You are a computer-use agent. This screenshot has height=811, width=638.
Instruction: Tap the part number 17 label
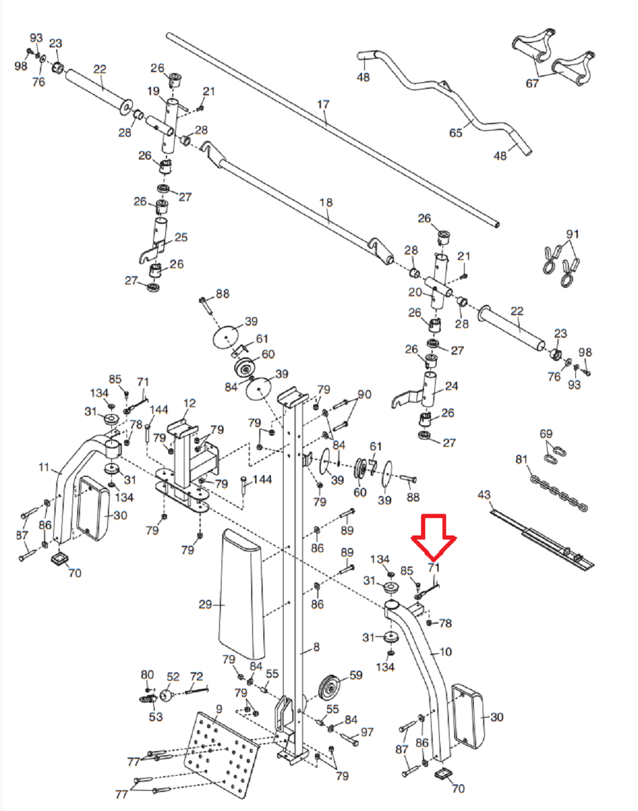coord(323,104)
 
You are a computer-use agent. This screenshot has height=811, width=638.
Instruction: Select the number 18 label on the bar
coord(326,202)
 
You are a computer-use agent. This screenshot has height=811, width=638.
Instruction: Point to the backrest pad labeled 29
coord(241,598)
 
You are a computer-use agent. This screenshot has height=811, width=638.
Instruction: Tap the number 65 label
coord(456,133)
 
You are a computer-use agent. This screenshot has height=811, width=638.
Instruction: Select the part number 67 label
coord(532,84)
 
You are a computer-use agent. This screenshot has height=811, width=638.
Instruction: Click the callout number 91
coord(572,234)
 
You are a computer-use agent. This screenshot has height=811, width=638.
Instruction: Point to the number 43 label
coord(484,495)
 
